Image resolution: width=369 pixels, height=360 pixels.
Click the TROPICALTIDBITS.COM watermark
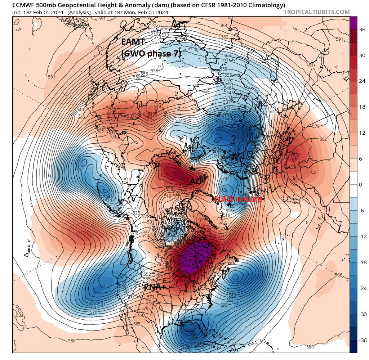[316, 12]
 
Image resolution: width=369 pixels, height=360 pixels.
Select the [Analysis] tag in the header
[80, 12]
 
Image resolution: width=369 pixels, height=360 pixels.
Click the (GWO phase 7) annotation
[151, 53]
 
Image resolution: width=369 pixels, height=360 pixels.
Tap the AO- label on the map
[197, 181]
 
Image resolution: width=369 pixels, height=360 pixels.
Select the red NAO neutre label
[238, 199]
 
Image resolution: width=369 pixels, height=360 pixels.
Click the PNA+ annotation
[155, 287]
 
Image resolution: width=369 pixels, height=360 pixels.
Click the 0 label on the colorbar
[360, 185]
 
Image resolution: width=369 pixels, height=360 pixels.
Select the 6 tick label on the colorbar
[360, 159]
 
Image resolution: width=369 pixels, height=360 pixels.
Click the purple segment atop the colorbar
[354, 23]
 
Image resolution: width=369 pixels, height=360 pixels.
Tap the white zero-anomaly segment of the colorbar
[354, 185]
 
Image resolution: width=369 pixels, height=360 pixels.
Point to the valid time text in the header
[132, 12]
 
